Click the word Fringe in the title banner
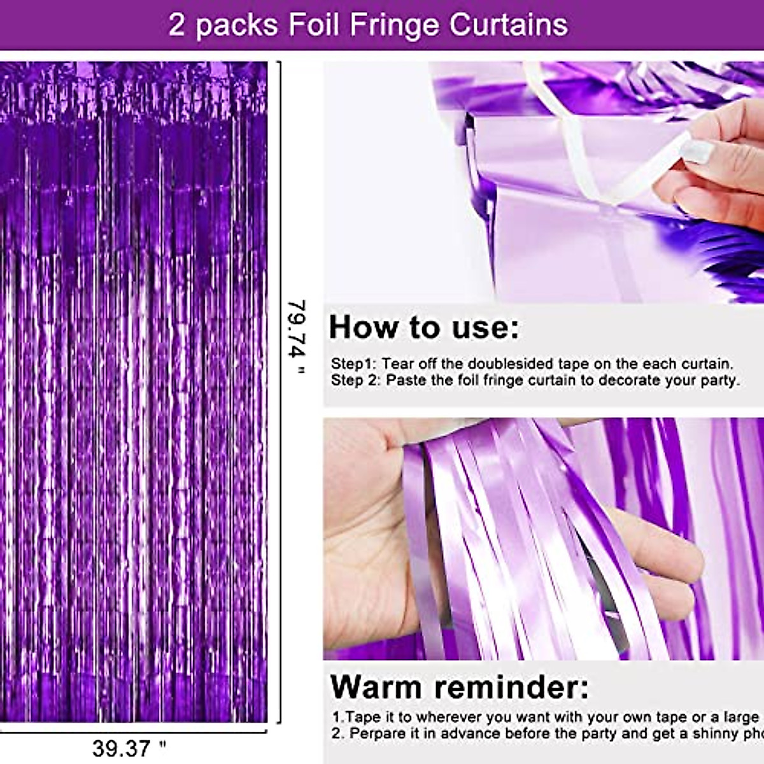[395, 25]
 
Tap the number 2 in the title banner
[176, 25]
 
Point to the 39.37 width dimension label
[128, 747]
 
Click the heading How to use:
[423, 328]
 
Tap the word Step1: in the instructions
[353, 364]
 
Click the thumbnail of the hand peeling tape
[544, 181]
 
